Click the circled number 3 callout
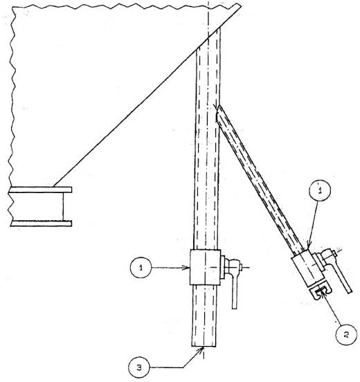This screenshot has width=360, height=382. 139,367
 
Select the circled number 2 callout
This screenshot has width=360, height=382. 346,334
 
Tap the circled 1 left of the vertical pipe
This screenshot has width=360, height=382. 141,268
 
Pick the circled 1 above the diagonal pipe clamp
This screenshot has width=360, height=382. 320,190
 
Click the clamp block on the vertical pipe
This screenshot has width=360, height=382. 205,267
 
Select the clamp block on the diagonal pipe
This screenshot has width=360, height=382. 308,270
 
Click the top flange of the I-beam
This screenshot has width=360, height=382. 40,190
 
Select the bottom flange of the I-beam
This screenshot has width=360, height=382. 41,223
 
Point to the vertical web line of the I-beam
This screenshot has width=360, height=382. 64,206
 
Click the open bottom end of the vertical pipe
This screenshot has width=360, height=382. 204,346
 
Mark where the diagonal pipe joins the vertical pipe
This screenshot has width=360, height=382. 218,114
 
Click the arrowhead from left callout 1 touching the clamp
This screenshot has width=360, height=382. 188,268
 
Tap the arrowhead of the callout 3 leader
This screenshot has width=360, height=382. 201,349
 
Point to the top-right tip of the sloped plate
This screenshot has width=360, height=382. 240,4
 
